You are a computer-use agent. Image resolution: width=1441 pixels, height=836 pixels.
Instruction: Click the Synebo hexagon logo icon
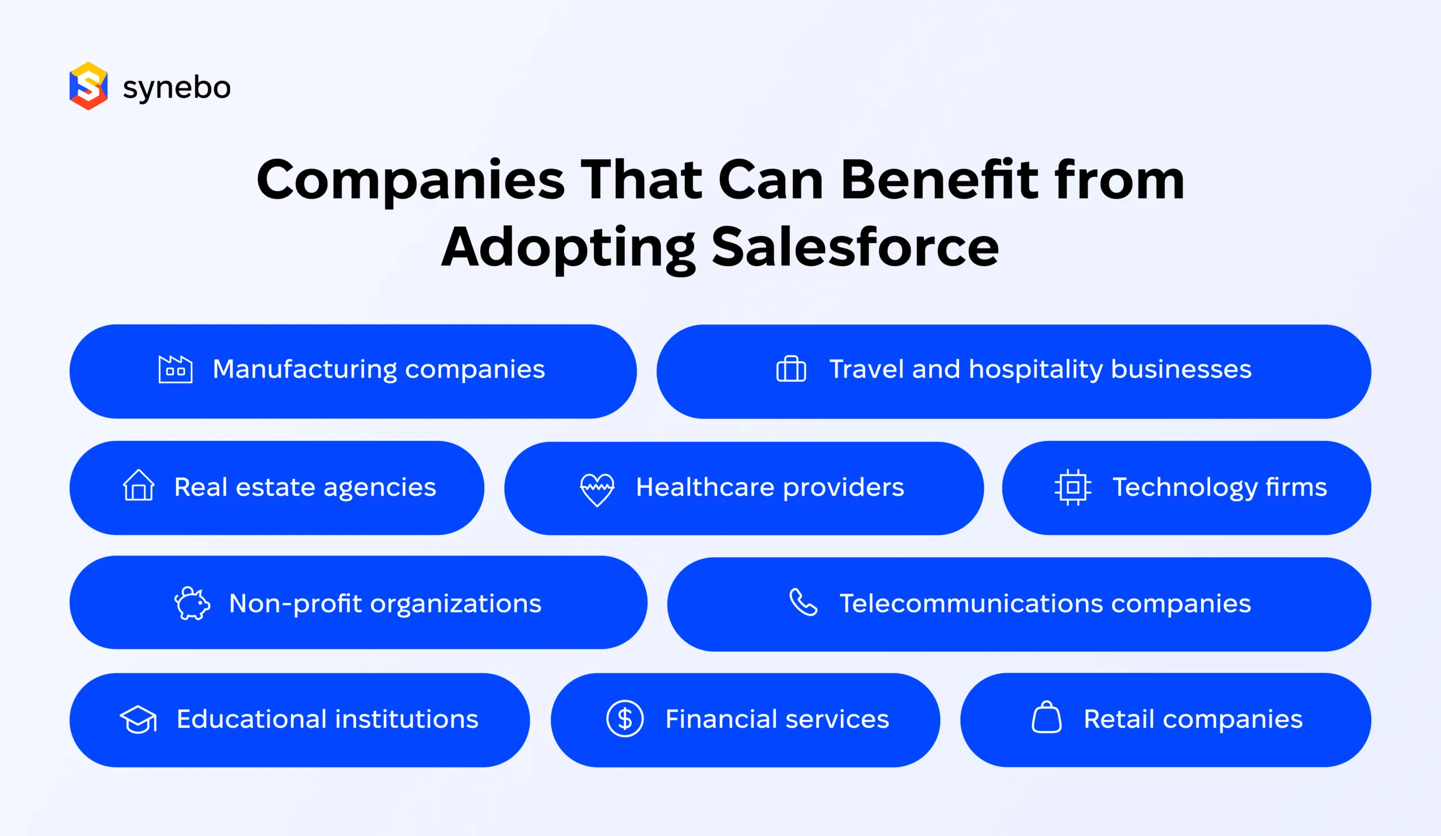[88, 86]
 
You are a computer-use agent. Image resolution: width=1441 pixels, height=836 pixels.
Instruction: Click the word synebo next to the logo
[177, 87]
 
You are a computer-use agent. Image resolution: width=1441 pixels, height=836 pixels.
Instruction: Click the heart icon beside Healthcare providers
[597, 489]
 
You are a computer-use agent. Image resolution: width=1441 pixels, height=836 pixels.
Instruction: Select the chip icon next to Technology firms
[1073, 487]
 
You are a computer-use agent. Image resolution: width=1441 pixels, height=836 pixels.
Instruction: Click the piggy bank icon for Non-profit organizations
[192, 603]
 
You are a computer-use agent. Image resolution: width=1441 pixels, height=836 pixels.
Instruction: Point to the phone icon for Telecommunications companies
[803, 602]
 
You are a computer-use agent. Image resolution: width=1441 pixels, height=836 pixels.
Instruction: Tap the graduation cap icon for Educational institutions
[138, 719]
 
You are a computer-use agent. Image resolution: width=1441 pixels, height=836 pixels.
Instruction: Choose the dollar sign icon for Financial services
[625, 719]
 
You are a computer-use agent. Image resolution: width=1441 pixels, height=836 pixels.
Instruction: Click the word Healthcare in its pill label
[705, 487]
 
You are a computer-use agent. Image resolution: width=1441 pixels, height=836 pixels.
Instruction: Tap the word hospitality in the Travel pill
[1036, 370]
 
